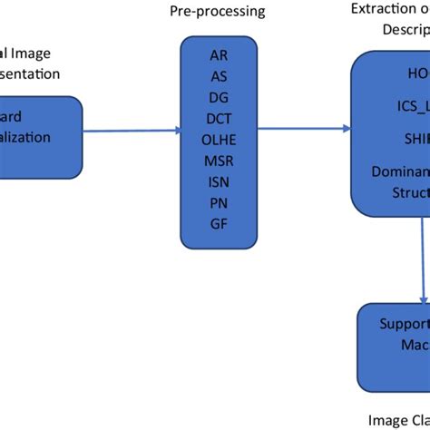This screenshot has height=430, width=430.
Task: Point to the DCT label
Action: point(219,117)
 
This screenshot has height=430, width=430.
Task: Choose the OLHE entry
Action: point(219,138)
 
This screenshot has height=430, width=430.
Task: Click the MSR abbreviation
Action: point(219,160)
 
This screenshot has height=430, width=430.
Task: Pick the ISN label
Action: point(219,181)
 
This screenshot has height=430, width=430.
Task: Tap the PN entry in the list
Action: point(219,202)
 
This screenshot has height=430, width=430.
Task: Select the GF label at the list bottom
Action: point(219,223)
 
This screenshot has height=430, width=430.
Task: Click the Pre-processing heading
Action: point(219,11)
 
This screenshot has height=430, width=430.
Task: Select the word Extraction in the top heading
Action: point(382,9)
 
